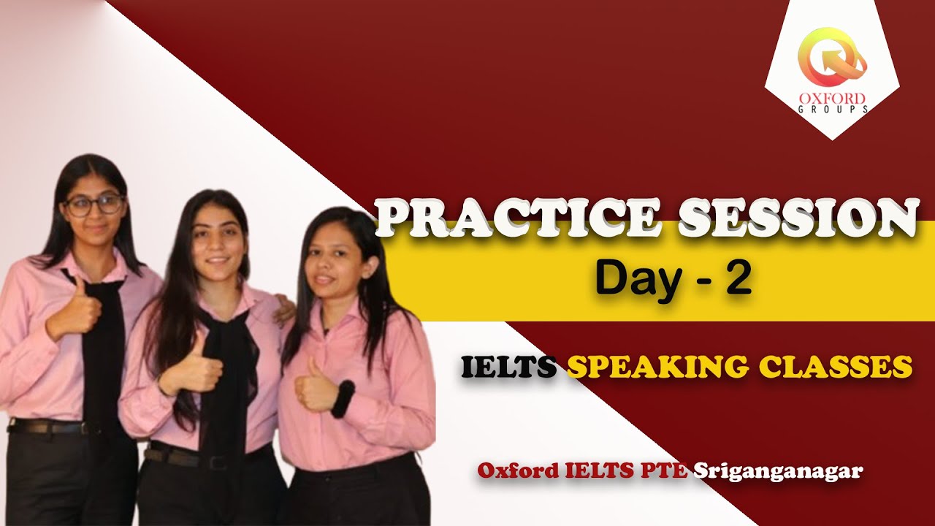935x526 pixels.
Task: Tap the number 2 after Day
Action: click(x=738, y=279)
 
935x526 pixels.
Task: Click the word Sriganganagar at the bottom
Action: click(x=777, y=471)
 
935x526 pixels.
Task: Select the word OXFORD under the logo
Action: click(x=832, y=99)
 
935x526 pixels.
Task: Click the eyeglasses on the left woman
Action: click(x=95, y=205)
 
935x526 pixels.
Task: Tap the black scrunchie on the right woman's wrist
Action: click(x=343, y=399)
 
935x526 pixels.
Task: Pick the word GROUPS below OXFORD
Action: click(x=832, y=110)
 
